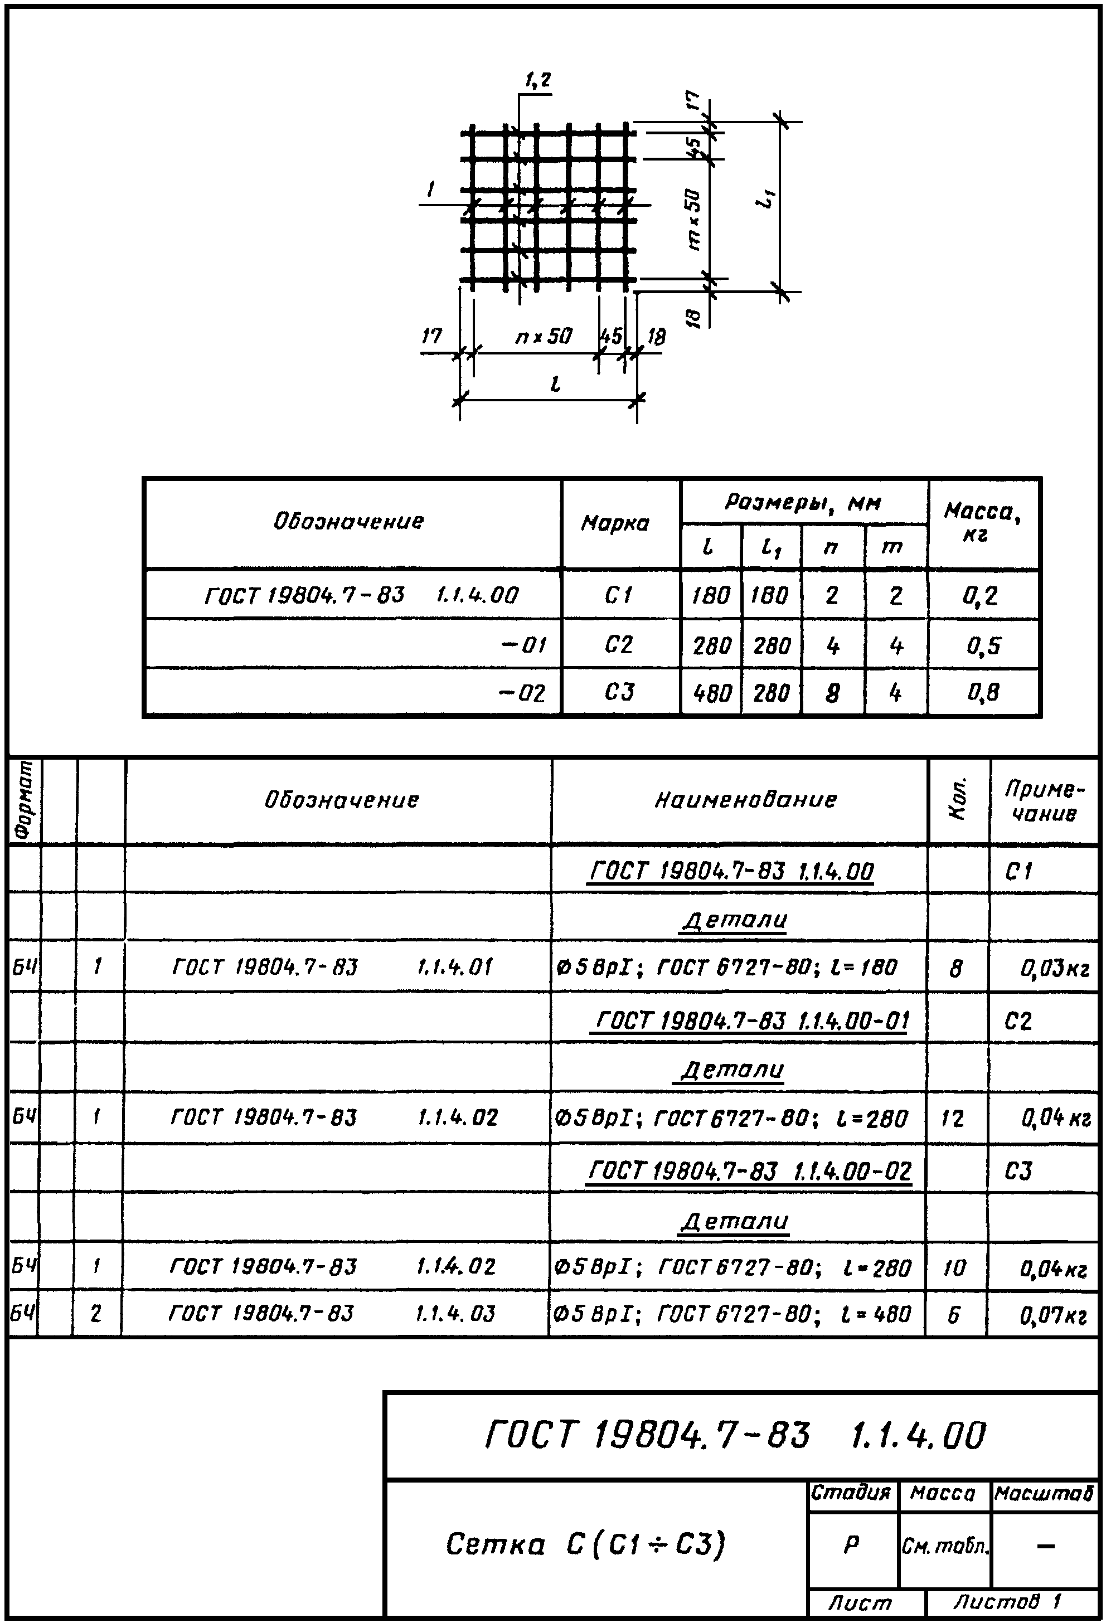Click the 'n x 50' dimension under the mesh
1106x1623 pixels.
544,337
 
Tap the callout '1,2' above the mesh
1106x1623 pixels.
538,81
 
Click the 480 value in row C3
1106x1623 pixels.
711,693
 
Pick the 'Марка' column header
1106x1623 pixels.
615,523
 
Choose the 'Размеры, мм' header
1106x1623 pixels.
803,502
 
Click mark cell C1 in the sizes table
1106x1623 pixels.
619,596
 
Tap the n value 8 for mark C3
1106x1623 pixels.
832,693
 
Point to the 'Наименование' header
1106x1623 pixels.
745,800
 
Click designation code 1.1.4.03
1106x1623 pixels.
455,1314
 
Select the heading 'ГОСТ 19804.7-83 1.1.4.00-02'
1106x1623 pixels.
750,1170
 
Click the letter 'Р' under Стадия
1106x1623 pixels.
851,1545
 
